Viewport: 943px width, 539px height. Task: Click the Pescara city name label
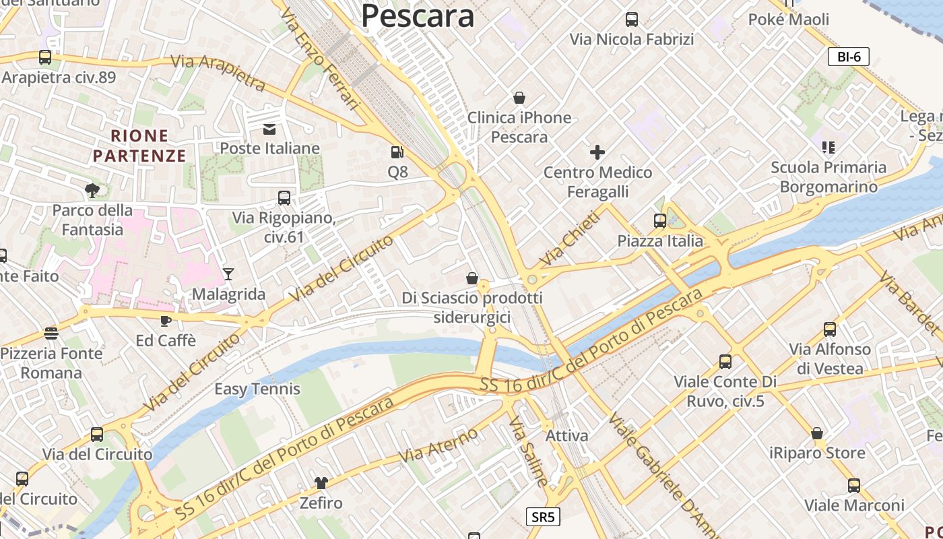pos(418,15)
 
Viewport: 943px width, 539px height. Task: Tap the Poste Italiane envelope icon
pos(269,129)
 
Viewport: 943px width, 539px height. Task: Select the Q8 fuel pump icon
pos(397,153)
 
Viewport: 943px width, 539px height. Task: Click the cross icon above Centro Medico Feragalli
pos(597,152)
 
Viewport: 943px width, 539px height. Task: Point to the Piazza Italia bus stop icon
pos(660,221)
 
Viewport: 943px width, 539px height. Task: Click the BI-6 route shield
pos(849,57)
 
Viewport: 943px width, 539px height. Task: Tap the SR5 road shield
pos(543,517)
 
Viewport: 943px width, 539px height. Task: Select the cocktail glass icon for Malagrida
pos(228,274)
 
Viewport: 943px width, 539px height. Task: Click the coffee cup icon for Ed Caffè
pos(166,321)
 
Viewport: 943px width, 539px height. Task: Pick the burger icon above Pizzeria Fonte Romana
pos(51,333)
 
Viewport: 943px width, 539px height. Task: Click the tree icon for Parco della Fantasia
pos(92,190)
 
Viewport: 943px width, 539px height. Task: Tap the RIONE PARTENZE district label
pos(139,146)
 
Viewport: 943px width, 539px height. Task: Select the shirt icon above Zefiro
pos(321,482)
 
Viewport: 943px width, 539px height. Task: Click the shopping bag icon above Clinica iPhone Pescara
pos(519,98)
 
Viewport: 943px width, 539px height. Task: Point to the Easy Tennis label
pos(257,389)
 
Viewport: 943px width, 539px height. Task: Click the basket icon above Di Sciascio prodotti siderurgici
pos(472,278)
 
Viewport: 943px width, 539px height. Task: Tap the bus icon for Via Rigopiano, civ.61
pos(284,198)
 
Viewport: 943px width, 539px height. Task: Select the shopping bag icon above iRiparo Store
pos(817,433)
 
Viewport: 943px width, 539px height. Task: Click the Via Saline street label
pos(528,450)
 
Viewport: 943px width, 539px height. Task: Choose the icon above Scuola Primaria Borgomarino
pos(828,147)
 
